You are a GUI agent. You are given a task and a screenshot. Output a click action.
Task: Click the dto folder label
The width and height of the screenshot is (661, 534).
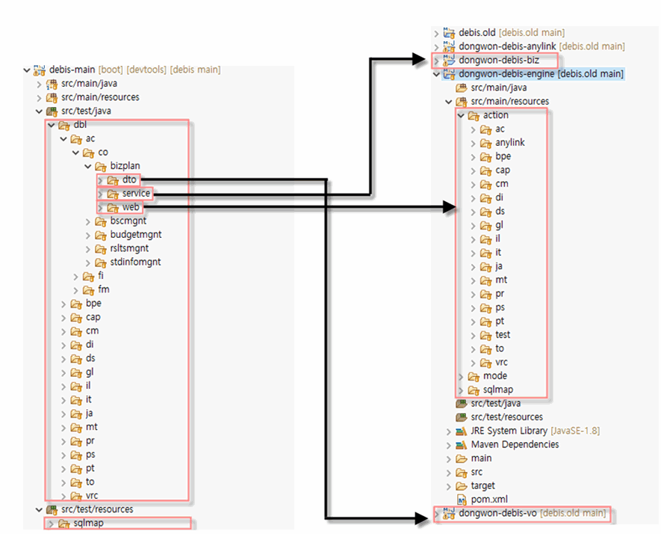[x=129, y=179]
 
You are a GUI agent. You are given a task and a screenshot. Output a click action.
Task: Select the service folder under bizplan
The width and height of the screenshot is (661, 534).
[x=136, y=194]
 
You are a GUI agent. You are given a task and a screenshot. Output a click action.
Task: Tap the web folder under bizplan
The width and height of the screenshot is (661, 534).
[x=130, y=207]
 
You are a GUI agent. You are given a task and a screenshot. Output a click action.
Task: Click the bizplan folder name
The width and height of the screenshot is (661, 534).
[x=125, y=166]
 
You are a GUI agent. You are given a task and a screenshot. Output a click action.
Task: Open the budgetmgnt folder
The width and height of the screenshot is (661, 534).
[x=136, y=235]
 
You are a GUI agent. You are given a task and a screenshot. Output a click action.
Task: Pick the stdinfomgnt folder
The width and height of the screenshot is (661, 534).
[x=135, y=263]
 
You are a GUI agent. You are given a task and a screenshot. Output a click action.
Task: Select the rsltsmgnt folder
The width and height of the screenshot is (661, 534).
[x=129, y=248]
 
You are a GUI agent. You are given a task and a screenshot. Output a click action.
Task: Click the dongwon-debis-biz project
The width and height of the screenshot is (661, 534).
[x=499, y=61]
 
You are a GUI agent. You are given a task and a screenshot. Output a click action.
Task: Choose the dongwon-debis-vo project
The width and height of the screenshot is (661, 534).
[x=497, y=513]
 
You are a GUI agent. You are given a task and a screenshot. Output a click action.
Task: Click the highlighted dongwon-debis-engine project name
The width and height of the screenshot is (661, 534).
[x=506, y=74]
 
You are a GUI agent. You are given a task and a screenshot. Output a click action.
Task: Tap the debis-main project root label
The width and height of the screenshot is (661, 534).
[x=72, y=70]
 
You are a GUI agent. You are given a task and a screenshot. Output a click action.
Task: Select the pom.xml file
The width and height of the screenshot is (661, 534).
[x=489, y=500]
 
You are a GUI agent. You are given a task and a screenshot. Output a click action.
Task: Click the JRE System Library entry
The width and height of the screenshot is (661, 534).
[x=509, y=431]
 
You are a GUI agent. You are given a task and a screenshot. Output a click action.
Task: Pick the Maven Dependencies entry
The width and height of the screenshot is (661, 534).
[x=515, y=444]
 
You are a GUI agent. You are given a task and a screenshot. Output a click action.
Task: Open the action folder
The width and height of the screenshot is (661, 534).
[x=495, y=115]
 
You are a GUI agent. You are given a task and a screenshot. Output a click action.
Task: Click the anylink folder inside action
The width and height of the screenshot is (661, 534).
[x=509, y=143]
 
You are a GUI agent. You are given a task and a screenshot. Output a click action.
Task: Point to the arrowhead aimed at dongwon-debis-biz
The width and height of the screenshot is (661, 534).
[x=421, y=60]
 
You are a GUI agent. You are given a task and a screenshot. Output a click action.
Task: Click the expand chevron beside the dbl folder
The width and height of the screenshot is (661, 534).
[x=52, y=125]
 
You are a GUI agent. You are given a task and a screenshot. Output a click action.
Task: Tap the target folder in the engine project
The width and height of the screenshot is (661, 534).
[x=482, y=486]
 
